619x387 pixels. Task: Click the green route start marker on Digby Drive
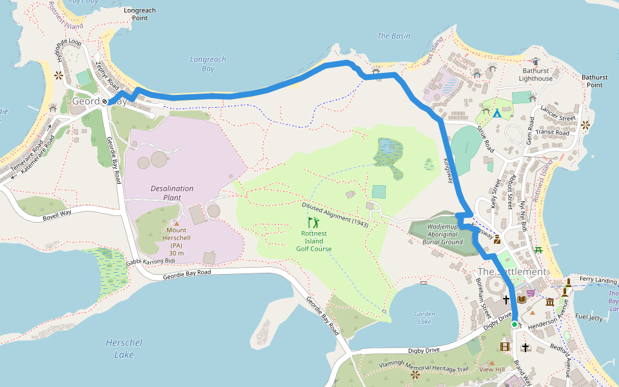pos(515,324)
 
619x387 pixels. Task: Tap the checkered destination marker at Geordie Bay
pos(104,102)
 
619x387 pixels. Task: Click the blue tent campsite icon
pos(497,114)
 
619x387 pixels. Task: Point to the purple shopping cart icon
pos(530,293)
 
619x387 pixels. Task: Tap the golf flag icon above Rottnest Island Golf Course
pos(313,223)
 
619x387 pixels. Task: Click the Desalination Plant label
pos(172,193)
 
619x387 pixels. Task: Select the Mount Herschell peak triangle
pos(177,223)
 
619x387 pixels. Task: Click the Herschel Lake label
pos(124,348)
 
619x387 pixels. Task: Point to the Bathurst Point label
pos(594,81)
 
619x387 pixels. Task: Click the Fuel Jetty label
pos(588,317)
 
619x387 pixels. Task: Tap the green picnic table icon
pos(538,250)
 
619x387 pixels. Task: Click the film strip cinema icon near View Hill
pos(504,347)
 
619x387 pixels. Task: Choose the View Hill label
pos(491,370)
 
